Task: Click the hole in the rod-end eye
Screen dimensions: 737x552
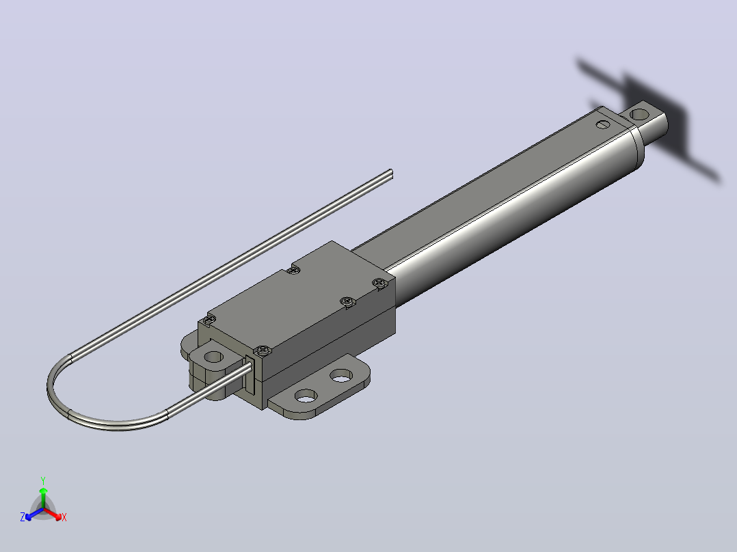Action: click(x=639, y=114)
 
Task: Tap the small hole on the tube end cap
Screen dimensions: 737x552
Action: click(x=603, y=125)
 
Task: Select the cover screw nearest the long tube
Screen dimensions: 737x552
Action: click(x=379, y=282)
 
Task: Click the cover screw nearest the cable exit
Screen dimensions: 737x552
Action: click(x=263, y=350)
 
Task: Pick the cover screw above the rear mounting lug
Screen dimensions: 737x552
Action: click(x=209, y=320)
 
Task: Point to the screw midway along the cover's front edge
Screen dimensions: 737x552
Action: click(x=347, y=301)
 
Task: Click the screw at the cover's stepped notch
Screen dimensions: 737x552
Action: click(x=294, y=270)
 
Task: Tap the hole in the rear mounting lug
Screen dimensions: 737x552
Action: click(x=214, y=357)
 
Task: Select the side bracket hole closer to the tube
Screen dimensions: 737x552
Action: click(x=341, y=375)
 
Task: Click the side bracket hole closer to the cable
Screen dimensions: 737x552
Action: click(x=306, y=396)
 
